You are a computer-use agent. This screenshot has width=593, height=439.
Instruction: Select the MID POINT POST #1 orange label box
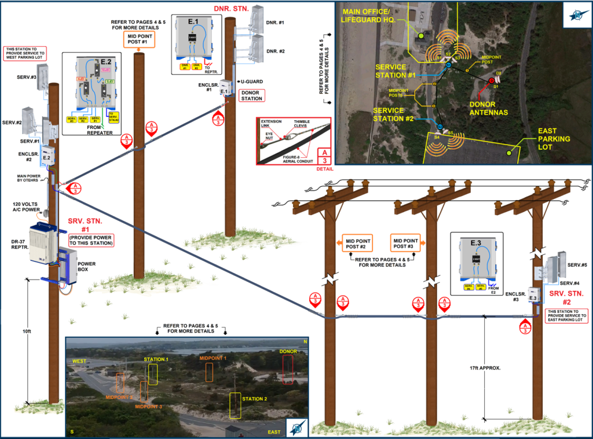(x=138, y=39)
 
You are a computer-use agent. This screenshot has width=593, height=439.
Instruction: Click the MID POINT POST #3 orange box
(x=405, y=242)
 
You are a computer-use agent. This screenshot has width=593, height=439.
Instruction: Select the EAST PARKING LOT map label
(x=554, y=139)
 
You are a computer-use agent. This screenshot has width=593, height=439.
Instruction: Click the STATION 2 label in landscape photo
(x=254, y=399)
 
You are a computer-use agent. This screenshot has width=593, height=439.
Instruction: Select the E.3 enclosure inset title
(x=476, y=241)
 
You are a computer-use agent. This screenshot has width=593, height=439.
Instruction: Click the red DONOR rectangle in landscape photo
(x=288, y=369)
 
